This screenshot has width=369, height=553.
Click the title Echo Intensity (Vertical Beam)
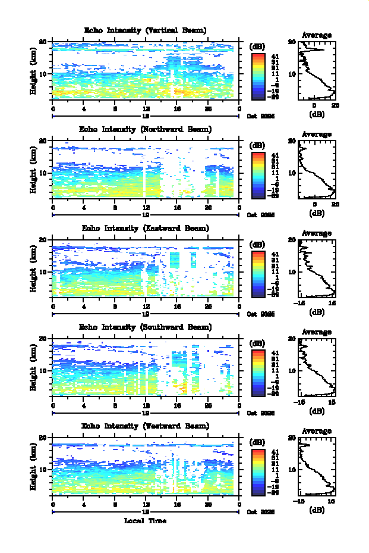[145, 30]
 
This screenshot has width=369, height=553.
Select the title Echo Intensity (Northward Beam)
[145, 129]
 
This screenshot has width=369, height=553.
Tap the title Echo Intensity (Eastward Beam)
[145, 228]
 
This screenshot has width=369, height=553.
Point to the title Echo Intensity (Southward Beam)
[145, 327]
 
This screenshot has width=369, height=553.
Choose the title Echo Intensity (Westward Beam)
[145, 426]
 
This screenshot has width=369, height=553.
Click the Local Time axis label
[145, 521]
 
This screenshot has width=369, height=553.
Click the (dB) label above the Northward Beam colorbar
[257, 145]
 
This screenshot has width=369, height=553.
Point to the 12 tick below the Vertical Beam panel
[146, 108]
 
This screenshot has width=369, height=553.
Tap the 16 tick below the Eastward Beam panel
[177, 307]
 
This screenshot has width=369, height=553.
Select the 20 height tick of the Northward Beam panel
[43, 141]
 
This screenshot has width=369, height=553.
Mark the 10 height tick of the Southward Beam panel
[43, 370]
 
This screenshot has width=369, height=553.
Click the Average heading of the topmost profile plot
[317, 35]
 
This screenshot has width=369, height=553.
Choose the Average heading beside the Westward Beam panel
[317, 431]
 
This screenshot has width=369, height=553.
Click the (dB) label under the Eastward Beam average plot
[317, 312]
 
